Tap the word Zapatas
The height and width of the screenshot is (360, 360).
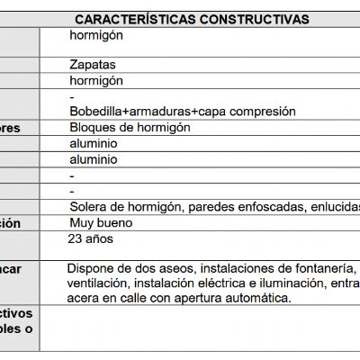[92, 65]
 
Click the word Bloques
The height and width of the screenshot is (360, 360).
[94, 128]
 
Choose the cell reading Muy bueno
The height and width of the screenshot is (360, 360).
[101, 222]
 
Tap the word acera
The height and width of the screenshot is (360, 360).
[85, 298]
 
